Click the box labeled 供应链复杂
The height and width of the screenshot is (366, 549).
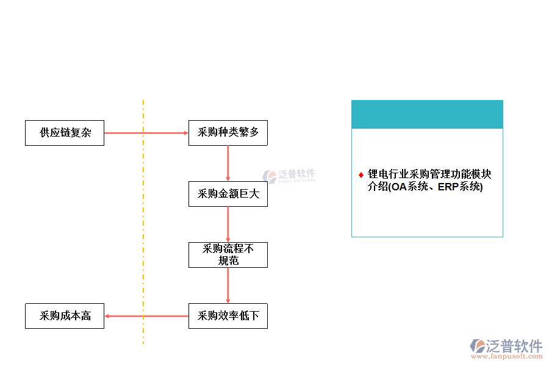point(64,133)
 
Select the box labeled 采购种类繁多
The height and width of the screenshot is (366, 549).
point(228,133)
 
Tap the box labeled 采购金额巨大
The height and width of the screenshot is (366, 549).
point(228,194)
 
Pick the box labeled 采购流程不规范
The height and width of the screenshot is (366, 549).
point(228,255)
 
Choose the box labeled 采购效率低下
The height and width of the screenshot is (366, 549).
point(228,316)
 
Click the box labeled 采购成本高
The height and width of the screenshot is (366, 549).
point(64,316)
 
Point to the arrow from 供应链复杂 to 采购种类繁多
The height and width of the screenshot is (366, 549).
point(146,133)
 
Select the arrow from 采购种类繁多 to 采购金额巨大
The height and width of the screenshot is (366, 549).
point(228,163)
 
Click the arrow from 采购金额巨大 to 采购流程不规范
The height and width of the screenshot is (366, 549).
point(228,224)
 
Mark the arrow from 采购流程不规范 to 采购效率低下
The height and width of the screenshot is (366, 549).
point(228,285)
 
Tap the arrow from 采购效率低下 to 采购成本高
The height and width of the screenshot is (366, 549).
point(146,316)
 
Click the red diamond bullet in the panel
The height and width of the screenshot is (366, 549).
point(361,175)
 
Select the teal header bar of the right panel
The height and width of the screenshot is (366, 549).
point(427,114)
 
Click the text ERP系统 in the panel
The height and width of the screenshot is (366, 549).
point(459,187)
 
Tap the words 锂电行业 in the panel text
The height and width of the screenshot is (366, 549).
point(388,175)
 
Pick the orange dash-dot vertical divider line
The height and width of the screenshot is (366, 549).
point(143,244)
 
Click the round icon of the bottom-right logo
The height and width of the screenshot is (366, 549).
point(478,346)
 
